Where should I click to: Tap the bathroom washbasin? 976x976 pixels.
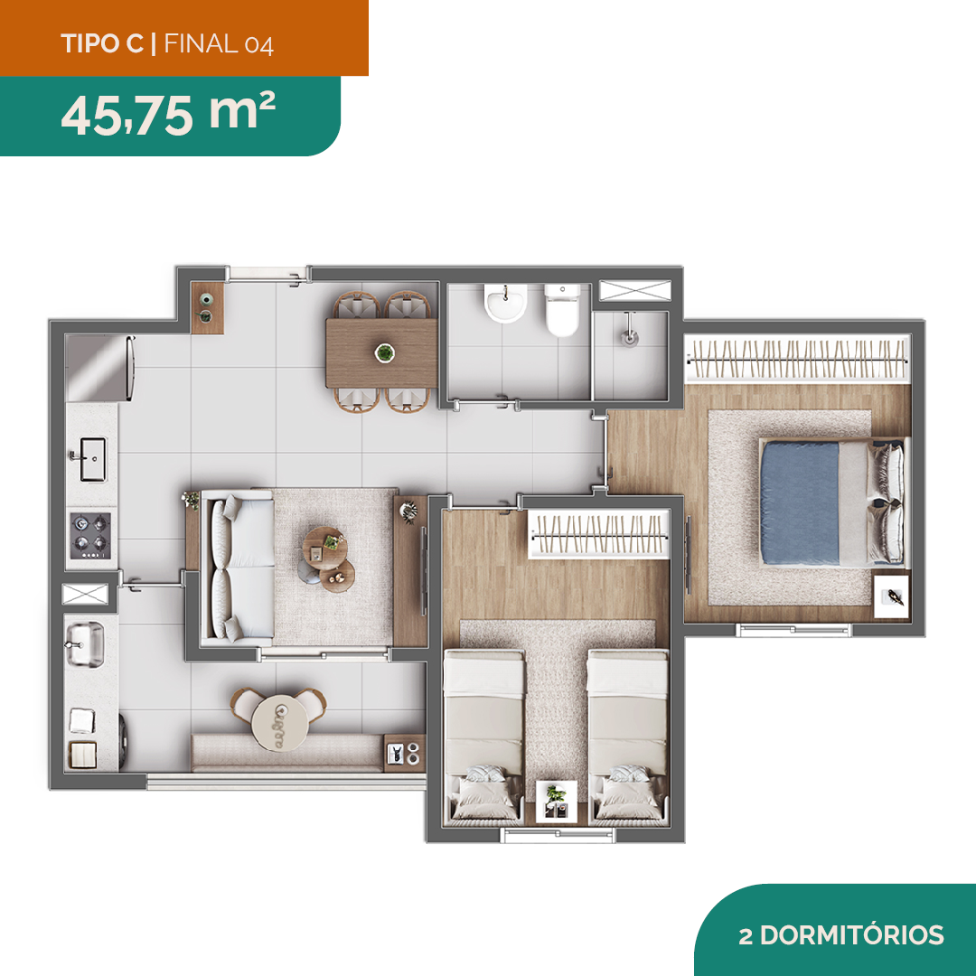(x=505, y=303)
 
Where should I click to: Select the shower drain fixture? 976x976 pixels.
(x=629, y=337)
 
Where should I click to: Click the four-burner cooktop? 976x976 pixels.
(x=90, y=535)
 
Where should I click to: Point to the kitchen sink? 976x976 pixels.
(x=93, y=459)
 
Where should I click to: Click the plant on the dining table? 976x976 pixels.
(x=385, y=353)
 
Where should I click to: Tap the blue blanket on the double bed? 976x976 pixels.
(x=799, y=502)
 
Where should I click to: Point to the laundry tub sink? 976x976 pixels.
(x=85, y=645)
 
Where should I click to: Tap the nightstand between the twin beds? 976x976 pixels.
(x=557, y=801)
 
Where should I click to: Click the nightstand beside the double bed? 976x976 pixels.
(x=891, y=596)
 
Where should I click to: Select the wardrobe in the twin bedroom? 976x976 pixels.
(x=599, y=534)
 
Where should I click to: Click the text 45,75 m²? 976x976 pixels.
(x=168, y=114)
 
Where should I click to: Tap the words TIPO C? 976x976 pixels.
(x=102, y=43)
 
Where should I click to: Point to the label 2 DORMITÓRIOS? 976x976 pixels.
(x=841, y=935)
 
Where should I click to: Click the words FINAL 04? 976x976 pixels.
(x=219, y=44)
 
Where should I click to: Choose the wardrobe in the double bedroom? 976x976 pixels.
(x=797, y=359)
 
